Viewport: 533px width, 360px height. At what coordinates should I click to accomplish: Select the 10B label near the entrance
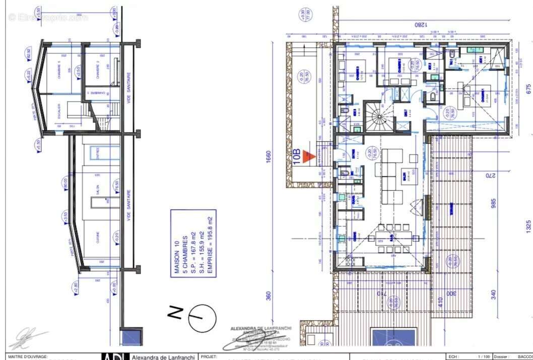pos(298,157)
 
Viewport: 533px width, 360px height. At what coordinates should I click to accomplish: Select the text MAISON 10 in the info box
pos(177,257)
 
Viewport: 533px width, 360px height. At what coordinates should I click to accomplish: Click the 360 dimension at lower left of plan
pos(269,295)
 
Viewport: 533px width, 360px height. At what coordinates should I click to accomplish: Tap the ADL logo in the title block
pos(115,356)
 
